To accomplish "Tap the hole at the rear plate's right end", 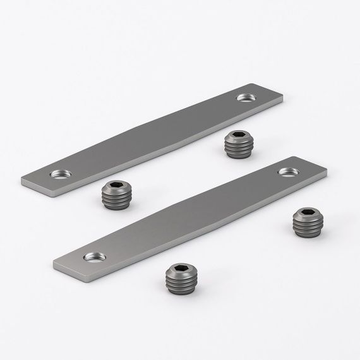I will coord(244,97).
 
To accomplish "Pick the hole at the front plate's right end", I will coord(287,171).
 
